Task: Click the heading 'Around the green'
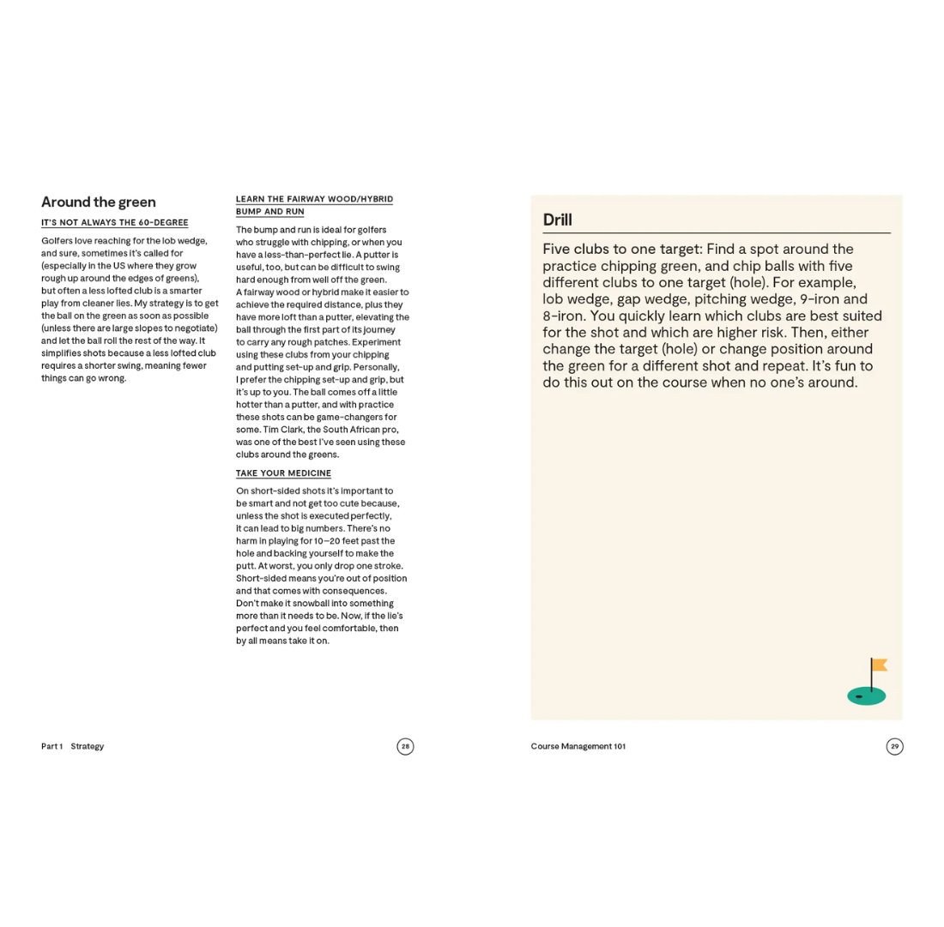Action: [x=99, y=202]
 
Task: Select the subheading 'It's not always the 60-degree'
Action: [x=115, y=223]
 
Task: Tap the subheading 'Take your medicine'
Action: [x=283, y=473]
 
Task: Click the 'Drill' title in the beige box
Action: [x=558, y=220]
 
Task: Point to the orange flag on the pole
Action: [x=880, y=665]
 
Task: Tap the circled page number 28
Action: [x=405, y=747]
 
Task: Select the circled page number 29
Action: [x=894, y=747]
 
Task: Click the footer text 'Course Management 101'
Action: [x=578, y=747]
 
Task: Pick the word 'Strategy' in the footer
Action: [x=88, y=747]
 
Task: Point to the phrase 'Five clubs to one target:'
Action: [x=622, y=250]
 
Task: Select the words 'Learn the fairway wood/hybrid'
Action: [x=314, y=200]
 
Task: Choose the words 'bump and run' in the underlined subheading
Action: [x=270, y=212]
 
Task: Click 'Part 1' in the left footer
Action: [x=51, y=747]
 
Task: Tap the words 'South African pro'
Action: [x=360, y=430]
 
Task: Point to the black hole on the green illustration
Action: [x=859, y=696]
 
